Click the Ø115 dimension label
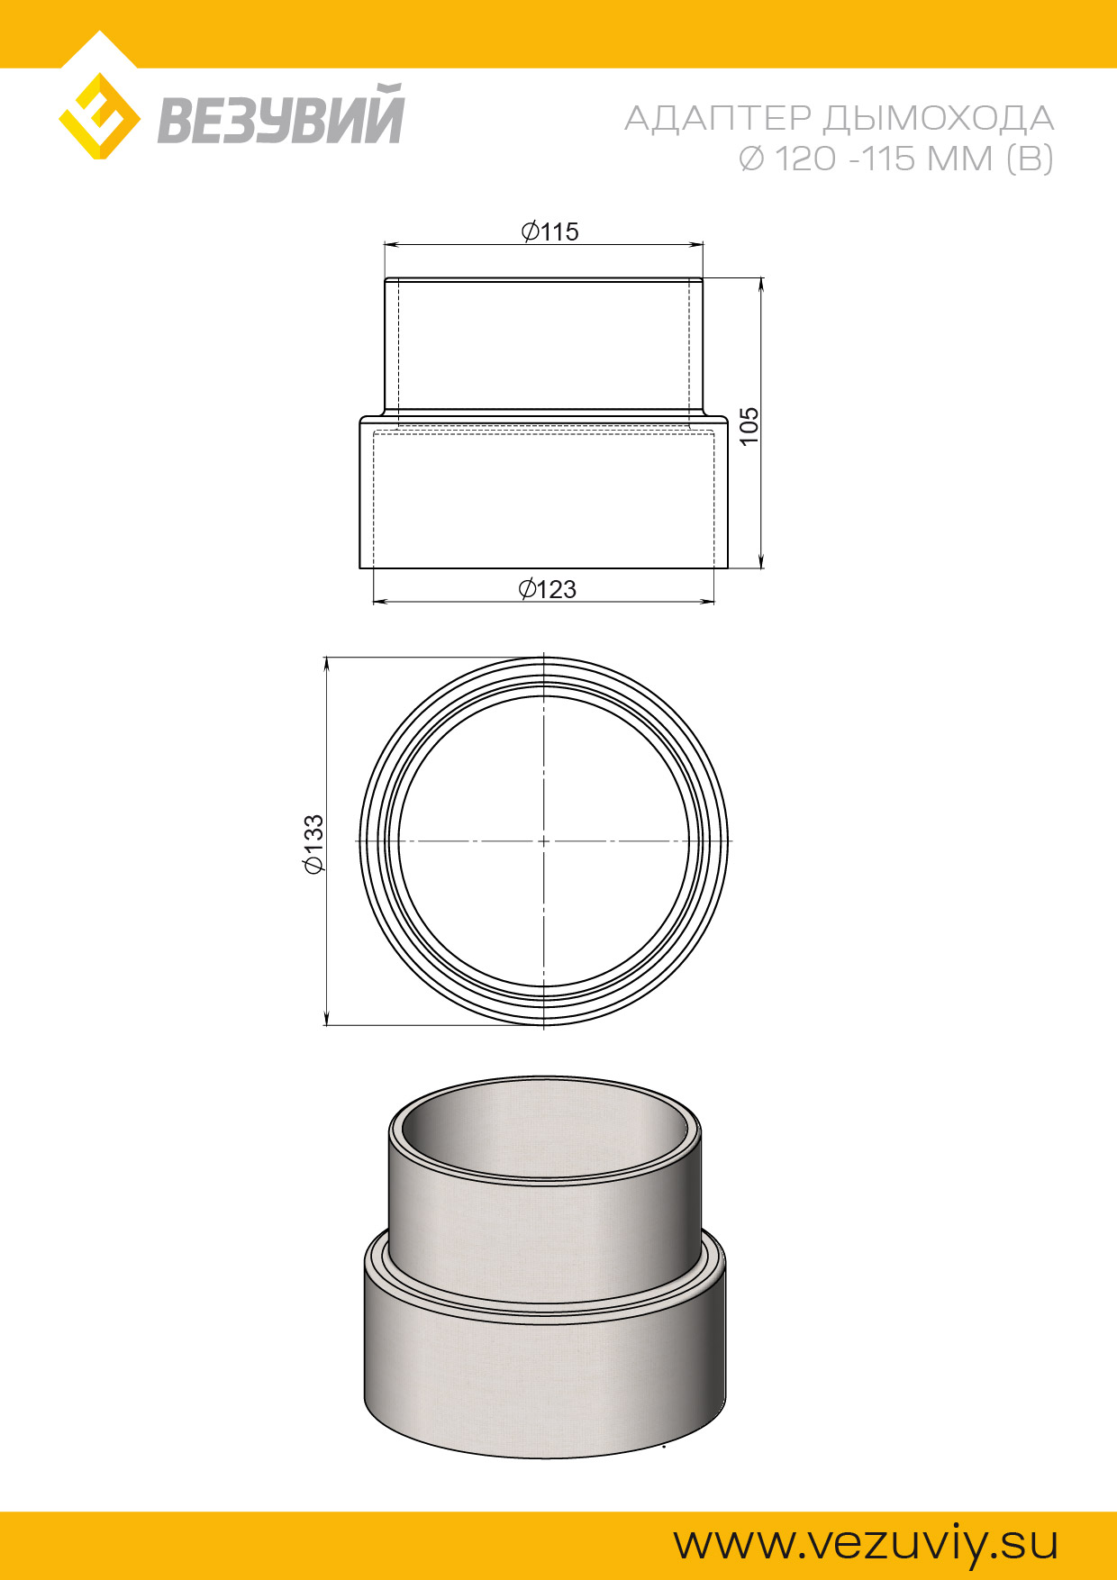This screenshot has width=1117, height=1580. pyautogui.click(x=549, y=232)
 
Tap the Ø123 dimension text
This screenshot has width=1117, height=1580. pyautogui.click(x=547, y=589)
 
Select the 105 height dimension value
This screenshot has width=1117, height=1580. pyautogui.click(x=749, y=426)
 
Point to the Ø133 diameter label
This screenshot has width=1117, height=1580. pyautogui.click(x=313, y=845)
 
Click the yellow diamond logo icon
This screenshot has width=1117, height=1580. pyautogui.click(x=99, y=116)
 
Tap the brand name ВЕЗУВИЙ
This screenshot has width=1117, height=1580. pyautogui.click(x=281, y=114)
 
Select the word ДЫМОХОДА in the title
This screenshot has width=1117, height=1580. pyautogui.click(x=939, y=118)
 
